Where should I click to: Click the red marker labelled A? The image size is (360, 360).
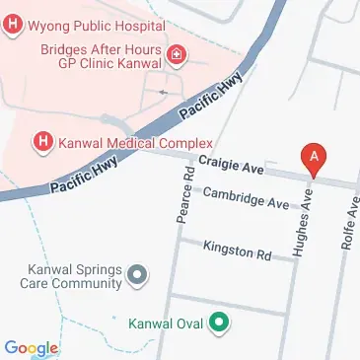315,156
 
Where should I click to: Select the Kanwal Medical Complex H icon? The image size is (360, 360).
43,142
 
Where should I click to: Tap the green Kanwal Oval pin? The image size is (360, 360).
223,322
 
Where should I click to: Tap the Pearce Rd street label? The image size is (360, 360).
184,194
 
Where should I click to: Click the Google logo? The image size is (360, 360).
31,347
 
